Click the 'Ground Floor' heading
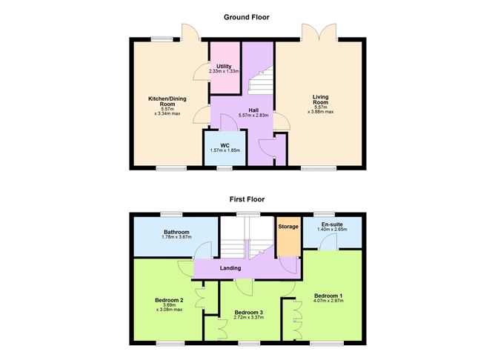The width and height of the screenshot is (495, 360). point(247,17)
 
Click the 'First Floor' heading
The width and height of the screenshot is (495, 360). point(247,199)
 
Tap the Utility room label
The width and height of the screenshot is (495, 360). point(224,66)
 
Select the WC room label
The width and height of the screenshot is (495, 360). point(225,145)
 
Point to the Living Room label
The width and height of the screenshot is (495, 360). point(321,99)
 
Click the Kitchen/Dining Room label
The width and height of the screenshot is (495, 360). point(167,101)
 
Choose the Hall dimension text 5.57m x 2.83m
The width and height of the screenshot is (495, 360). point(253,116)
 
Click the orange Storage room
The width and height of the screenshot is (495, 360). point(288,236)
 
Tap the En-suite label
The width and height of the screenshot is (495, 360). point(332,224)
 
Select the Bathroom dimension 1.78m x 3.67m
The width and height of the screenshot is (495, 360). point(177,236)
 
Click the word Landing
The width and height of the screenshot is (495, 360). point(230,268)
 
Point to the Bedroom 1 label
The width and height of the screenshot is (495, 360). point(328,296)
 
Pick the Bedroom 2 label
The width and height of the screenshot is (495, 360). point(169,300)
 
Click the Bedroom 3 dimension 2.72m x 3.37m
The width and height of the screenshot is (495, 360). point(249,317)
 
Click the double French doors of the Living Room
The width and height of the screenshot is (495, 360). point(319,32)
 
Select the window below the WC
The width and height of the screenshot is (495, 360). point(225,168)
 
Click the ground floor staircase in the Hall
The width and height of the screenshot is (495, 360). point(260,80)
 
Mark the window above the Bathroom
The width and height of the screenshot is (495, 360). point(171,214)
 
